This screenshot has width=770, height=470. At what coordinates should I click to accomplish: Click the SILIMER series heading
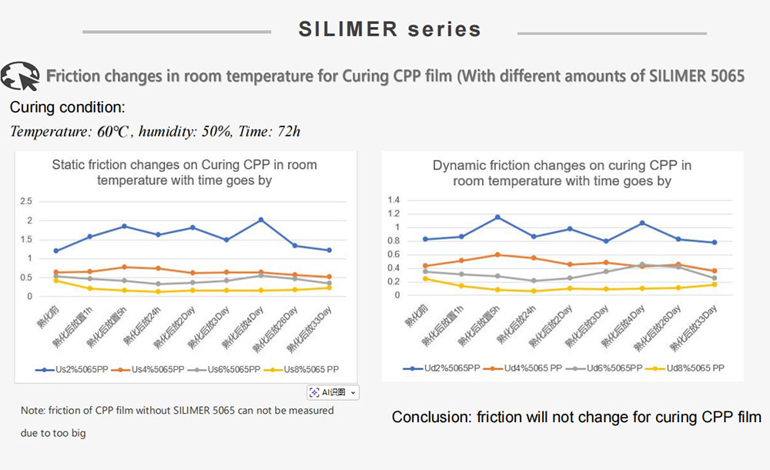click(390, 29)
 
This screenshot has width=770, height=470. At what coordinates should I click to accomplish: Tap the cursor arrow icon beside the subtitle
click(20, 76)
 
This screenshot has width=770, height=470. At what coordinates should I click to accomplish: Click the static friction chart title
click(184, 172)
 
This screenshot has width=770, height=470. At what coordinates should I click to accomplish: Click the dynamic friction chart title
click(562, 173)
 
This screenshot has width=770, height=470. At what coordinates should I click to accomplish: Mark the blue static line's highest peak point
click(261, 220)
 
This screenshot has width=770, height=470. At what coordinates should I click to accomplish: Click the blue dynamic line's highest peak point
click(497, 217)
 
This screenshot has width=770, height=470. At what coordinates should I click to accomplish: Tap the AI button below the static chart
click(333, 392)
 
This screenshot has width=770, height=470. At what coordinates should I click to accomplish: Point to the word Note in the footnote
click(33, 411)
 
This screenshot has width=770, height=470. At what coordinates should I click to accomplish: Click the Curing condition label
click(67, 107)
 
